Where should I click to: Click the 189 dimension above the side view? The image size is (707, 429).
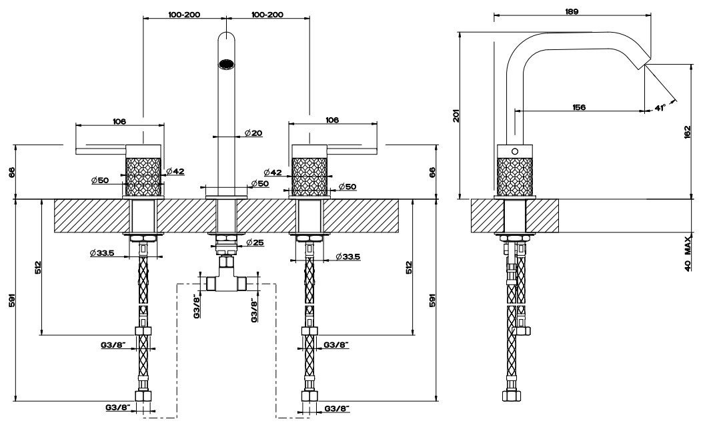pyautogui.click(x=572, y=12)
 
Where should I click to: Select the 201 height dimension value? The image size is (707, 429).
pyautogui.click(x=456, y=116)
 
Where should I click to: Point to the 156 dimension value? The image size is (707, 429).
pyautogui.click(x=579, y=107)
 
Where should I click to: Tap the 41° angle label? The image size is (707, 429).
pyautogui.click(x=660, y=108)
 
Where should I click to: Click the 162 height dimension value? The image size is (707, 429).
pyautogui.click(x=687, y=132)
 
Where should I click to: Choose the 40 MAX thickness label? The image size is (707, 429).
pyautogui.click(x=688, y=253)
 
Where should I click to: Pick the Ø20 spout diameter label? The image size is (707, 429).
pyautogui.click(x=253, y=133)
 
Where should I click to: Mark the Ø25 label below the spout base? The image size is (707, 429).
pyautogui.click(x=255, y=243)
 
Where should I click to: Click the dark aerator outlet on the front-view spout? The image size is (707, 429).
pyautogui.click(x=226, y=64)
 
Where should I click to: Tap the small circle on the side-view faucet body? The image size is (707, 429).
pyautogui.click(x=516, y=151)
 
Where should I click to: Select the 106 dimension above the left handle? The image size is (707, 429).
pyautogui.click(x=119, y=121)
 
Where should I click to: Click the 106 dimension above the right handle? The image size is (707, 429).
pyautogui.click(x=332, y=120)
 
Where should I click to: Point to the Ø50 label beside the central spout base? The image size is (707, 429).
pyautogui.click(x=259, y=184)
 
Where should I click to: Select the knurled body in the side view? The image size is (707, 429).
pyautogui.click(x=515, y=176)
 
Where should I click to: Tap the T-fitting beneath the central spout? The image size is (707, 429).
pyautogui.click(x=226, y=278)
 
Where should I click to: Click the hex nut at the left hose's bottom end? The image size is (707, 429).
pyautogui.click(x=143, y=396)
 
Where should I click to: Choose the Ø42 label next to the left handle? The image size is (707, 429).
pyautogui.click(x=175, y=171)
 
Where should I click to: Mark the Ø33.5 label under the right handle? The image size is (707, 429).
pyautogui.click(x=348, y=257)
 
